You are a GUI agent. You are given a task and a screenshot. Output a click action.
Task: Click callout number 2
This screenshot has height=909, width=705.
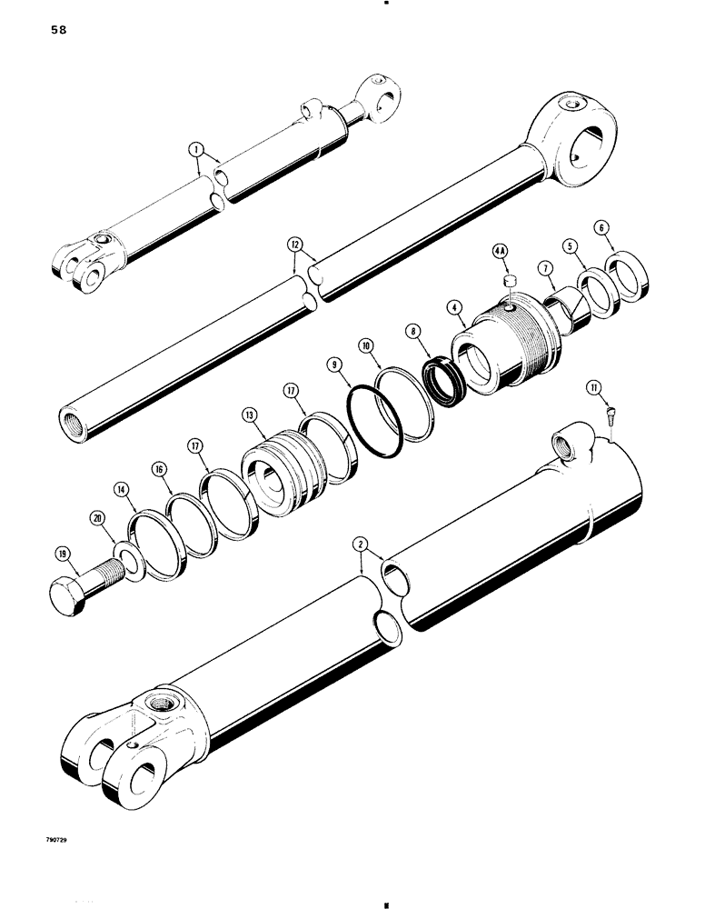coord(361,545)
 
